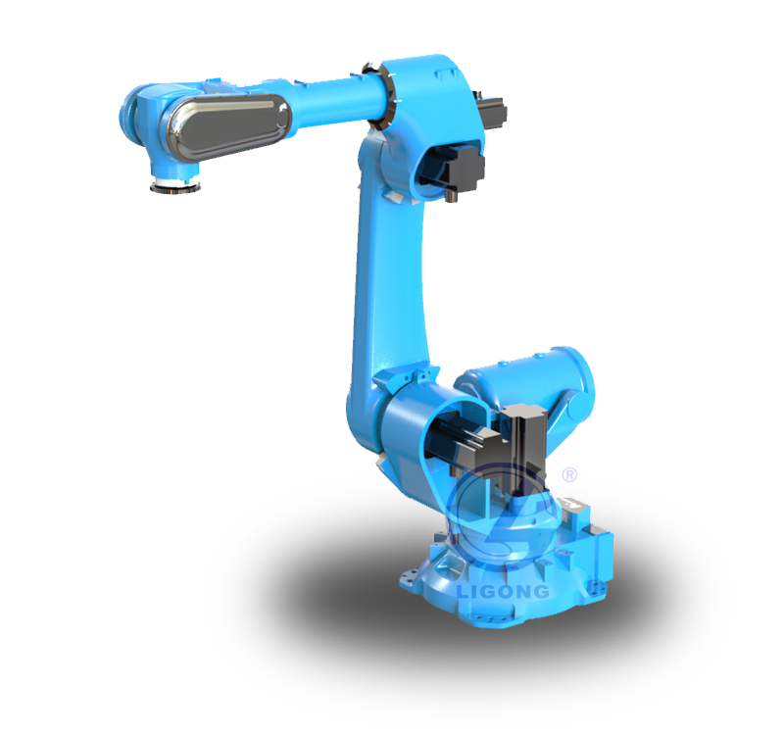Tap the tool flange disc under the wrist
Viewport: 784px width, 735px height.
[175, 187]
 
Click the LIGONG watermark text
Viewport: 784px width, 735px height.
[502, 592]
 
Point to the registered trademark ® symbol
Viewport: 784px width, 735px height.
[569, 474]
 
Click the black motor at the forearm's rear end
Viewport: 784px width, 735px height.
[493, 111]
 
